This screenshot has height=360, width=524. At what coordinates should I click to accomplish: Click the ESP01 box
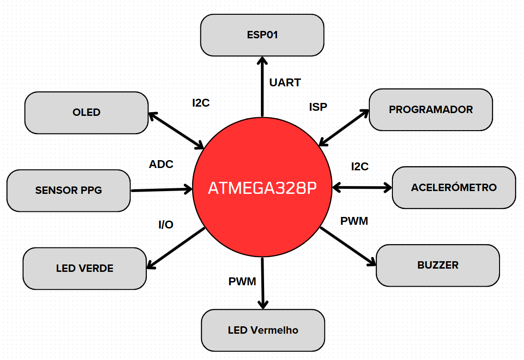[x=262, y=35]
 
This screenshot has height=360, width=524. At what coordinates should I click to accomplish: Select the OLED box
[x=86, y=113]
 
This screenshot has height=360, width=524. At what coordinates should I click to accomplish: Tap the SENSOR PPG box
[x=68, y=190]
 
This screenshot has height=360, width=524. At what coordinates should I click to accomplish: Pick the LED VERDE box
[x=84, y=268]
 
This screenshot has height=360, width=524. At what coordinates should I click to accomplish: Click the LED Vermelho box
[x=263, y=330]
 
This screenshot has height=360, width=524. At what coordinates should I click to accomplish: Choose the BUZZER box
[x=438, y=265]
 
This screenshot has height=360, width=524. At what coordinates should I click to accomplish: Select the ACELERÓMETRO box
[x=453, y=187]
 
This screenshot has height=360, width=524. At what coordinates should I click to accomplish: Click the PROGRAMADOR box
[x=431, y=109]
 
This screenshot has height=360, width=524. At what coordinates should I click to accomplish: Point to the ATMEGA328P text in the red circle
[x=263, y=189]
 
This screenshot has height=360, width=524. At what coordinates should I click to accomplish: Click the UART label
[x=285, y=83]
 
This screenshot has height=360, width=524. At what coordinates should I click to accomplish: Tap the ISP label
[x=318, y=107]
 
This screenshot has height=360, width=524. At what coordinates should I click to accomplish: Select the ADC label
[x=161, y=164]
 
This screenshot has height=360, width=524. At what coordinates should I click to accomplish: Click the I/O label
[x=166, y=225]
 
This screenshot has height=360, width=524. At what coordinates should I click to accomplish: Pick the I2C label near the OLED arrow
[x=201, y=103]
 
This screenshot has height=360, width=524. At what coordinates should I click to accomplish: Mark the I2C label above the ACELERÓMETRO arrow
[x=360, y=167]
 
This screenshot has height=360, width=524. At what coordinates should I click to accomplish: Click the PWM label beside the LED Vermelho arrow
[x=242, y=282]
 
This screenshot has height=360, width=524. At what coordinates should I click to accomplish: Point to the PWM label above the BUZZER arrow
[x=354, y=221]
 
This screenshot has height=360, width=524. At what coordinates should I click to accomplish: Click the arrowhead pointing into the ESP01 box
[x=262, y=60]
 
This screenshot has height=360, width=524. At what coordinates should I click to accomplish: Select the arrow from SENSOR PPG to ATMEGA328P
[x=162, y=189]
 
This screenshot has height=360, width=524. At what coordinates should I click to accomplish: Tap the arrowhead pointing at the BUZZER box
[x=372, y=262]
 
